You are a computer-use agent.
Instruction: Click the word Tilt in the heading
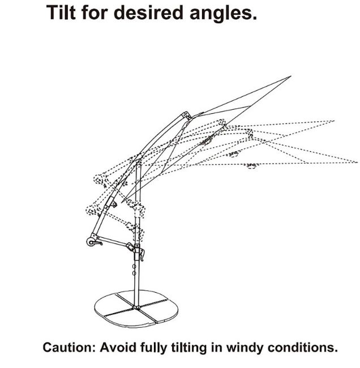61,12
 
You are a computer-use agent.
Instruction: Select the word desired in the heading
148,12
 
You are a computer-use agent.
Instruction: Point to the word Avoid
118,348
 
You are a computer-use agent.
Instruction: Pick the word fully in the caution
154,348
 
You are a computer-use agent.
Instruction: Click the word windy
245,348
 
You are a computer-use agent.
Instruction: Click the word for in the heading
95,12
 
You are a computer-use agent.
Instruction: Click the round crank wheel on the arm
91,242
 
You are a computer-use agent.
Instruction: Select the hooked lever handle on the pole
142,255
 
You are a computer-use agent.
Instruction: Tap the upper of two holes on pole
134,267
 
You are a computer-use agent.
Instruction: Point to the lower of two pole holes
134,273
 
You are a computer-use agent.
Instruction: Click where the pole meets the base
136,307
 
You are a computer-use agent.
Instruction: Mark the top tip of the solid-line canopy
291,76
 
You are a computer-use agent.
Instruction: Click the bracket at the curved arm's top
187,115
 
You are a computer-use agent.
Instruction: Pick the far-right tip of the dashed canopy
357,162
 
